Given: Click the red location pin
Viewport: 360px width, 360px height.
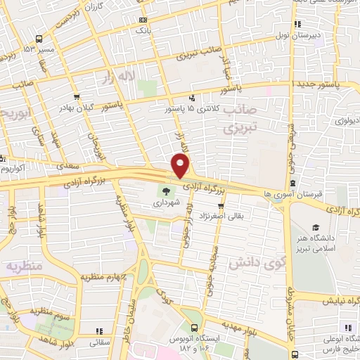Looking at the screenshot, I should (x=181, y=167).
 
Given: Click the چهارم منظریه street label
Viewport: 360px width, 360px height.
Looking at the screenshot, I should (x=106, y=278).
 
